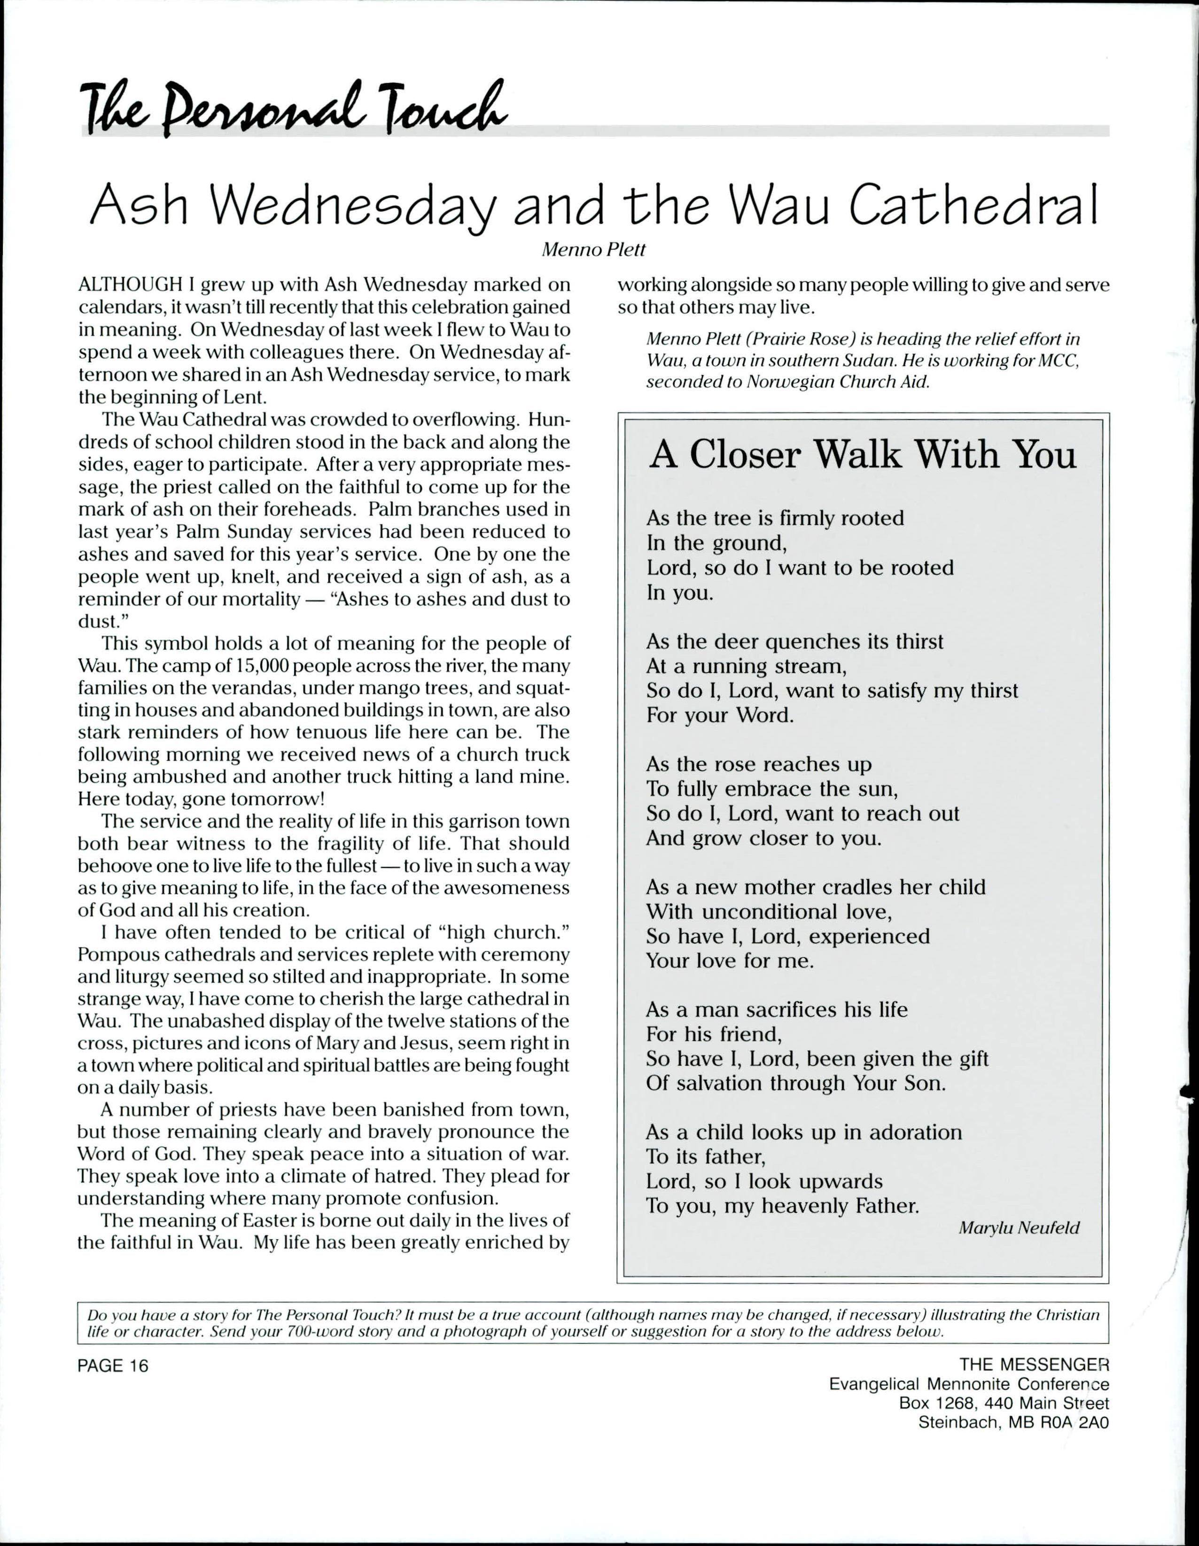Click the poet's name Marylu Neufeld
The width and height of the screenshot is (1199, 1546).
[x=1019, y=1228]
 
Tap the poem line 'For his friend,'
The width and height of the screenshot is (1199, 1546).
[x=714, y=1034]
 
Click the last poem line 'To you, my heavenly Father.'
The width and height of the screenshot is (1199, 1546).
[x=782, y=1205]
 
